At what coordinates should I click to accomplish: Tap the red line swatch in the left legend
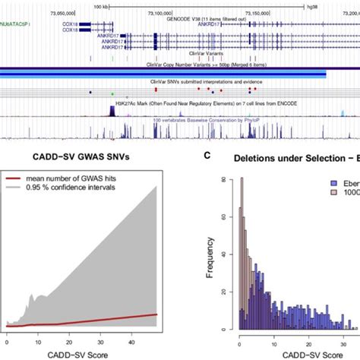[x=18, y=179]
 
